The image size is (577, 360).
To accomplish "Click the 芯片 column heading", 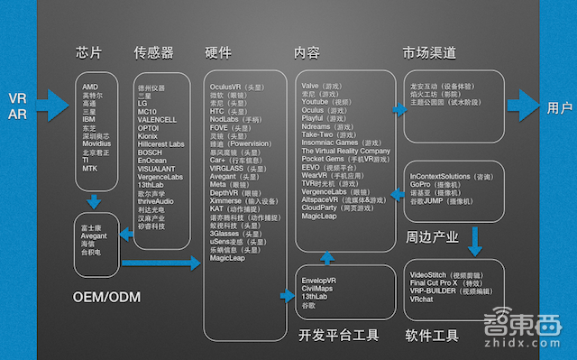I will tap(93, 51).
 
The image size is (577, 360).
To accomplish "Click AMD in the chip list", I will tap(90, 88).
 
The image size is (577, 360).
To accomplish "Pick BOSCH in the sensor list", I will tap(150, 152).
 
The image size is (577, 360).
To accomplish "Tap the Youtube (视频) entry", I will tap(332, 102).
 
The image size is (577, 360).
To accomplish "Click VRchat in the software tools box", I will tap(421, 299).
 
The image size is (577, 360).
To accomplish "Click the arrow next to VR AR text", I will tap(50, 106).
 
